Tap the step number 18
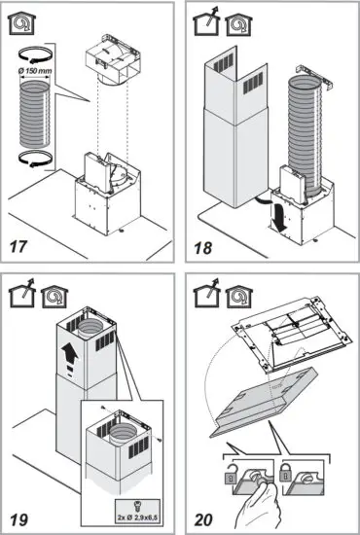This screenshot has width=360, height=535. coord(202,247)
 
